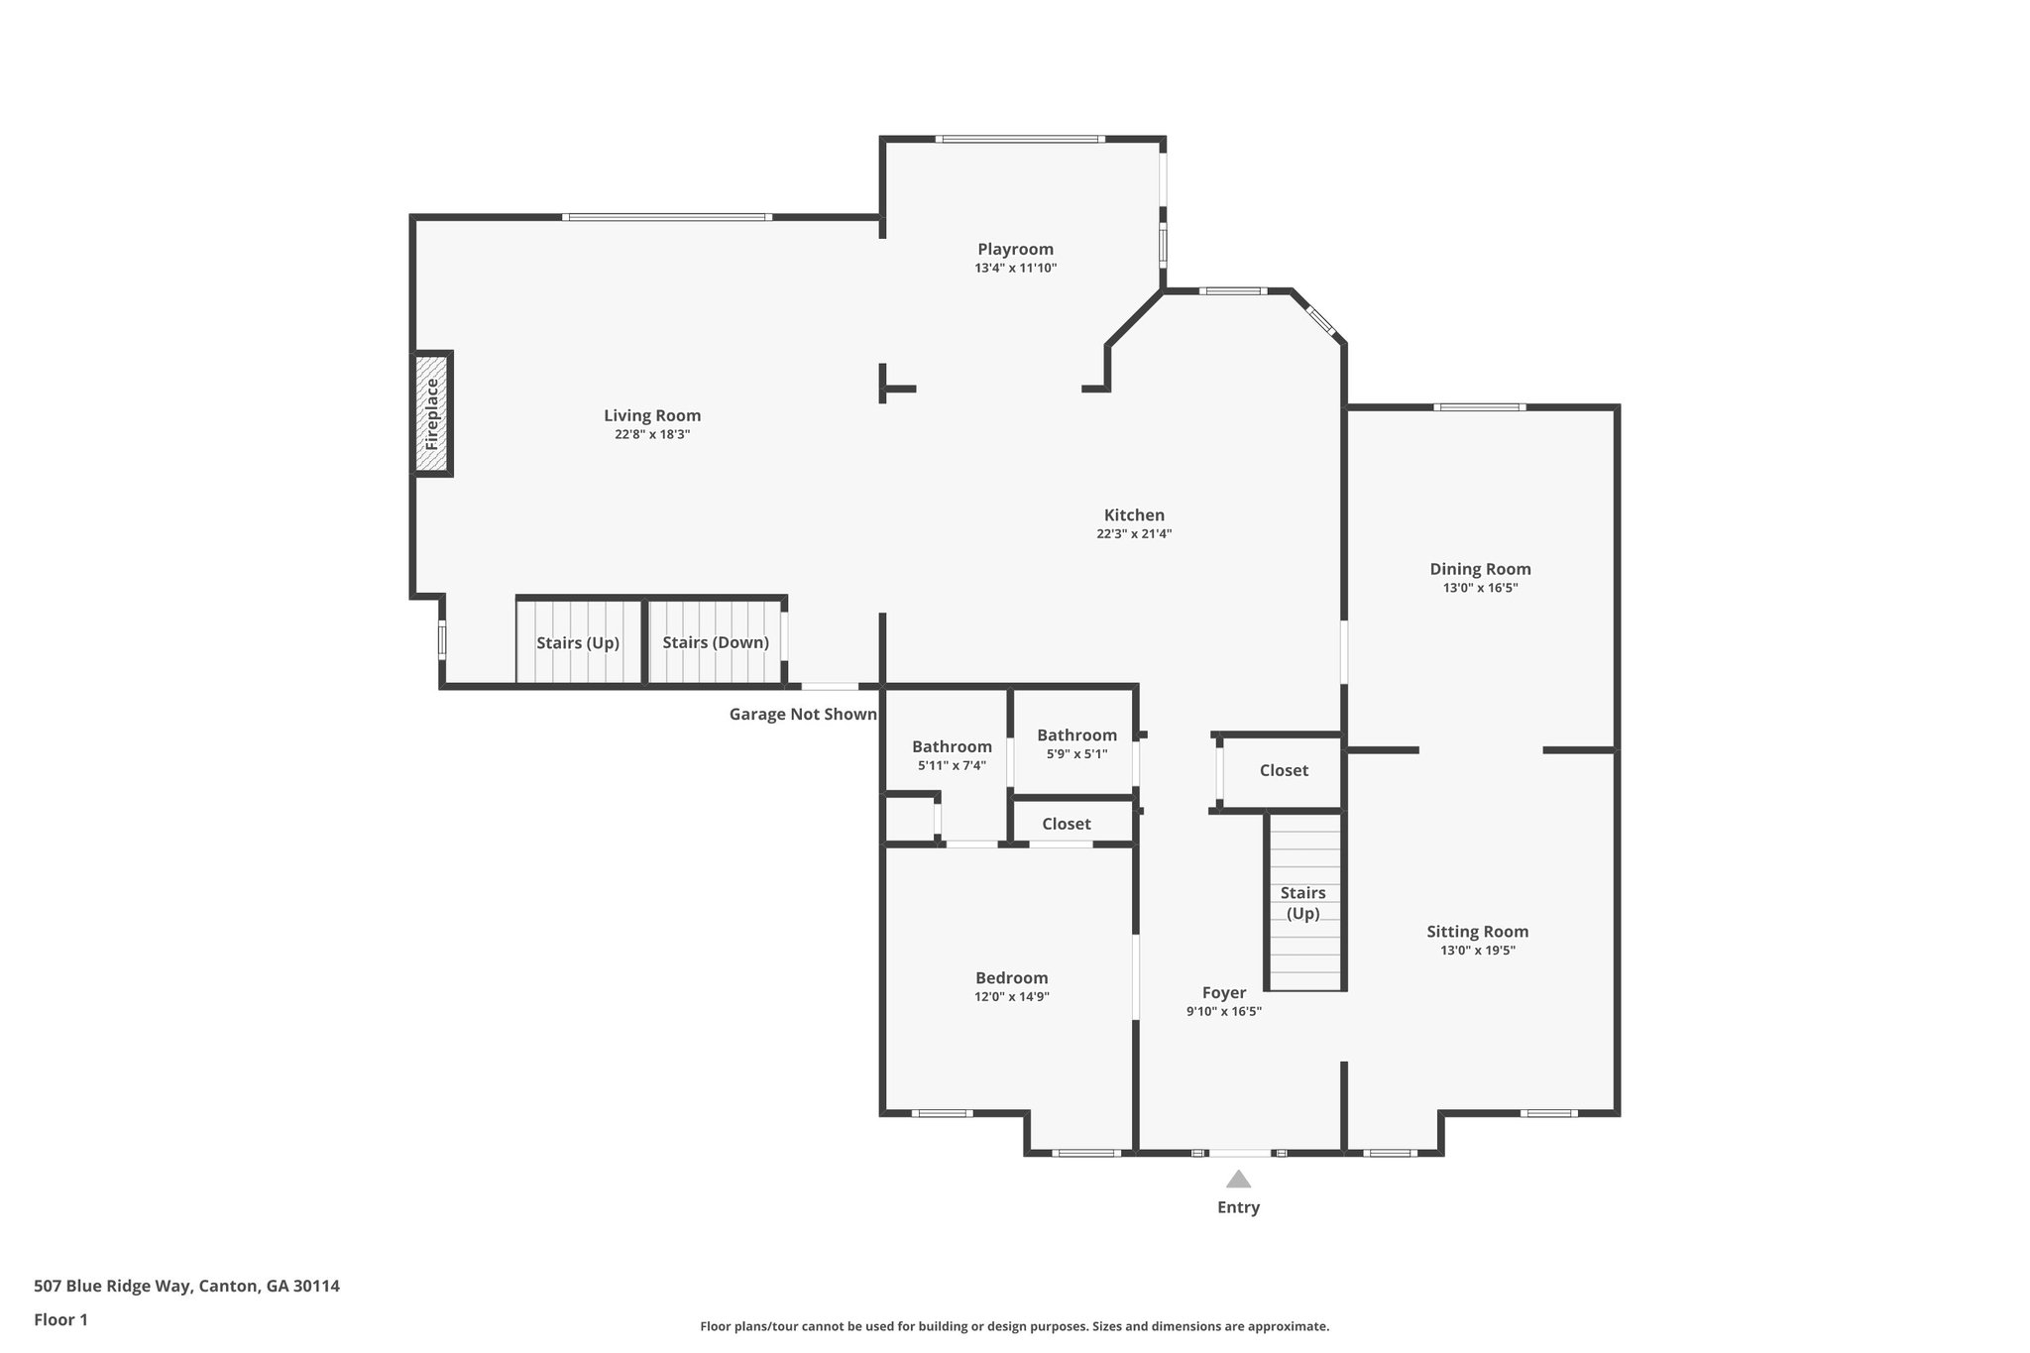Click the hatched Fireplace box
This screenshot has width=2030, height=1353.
point(432,414)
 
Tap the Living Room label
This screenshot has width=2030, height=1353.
point(652,416)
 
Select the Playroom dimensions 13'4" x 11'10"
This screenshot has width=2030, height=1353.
point(1015,269)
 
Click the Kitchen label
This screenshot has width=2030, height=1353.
point(1134,515)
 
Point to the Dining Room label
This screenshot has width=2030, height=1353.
point(1480,569)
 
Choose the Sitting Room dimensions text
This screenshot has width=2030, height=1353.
point(1477,951)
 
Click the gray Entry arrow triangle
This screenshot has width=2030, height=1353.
point(1238,1179)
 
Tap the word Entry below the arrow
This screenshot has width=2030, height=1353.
point(1238,1207)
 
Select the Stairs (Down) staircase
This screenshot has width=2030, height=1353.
point(716,642)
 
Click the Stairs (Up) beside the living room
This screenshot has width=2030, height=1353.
point(578,642)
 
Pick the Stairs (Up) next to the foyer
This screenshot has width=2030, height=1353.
point(1302,902)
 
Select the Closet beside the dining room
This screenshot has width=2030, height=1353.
point(1284,770)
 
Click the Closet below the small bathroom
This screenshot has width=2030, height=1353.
point(1067,824)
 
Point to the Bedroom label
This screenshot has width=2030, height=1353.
point(1011,978)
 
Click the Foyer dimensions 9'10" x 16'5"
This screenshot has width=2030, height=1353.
point(1223,1012)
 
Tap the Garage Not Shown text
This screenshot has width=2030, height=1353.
point(803,714)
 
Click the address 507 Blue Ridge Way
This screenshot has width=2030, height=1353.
point(186,1286)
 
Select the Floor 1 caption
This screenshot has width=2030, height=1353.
point(60,1319)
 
